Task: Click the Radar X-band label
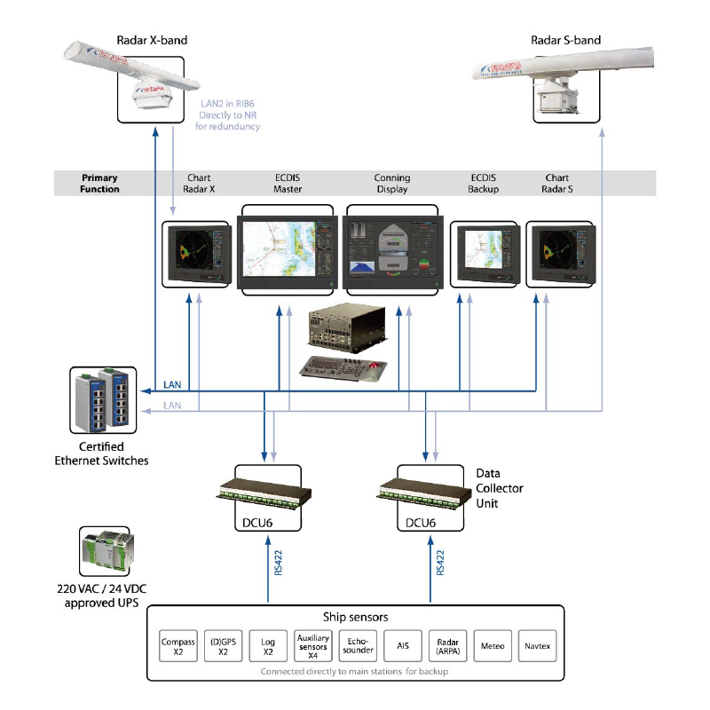[x=152, y=40]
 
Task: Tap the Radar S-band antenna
[x=569, y=75]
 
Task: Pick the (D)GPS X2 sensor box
[x=223, y=645]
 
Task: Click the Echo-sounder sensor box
[x=358, y=645]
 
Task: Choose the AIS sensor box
[x=402, y=645]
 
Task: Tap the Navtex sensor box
[x=537, y=645]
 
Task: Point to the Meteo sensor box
[x=493, y=645]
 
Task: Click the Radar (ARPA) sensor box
[x=447, y=645]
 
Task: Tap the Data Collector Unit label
[x=500, y=488]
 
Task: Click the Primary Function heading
[x=100, y=184]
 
